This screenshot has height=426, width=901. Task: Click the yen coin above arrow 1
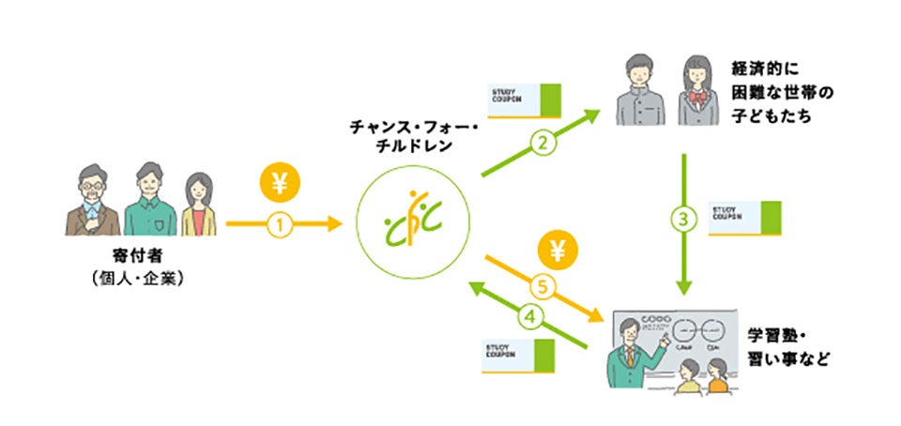(278, 185)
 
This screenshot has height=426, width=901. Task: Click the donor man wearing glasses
(91, 202)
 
